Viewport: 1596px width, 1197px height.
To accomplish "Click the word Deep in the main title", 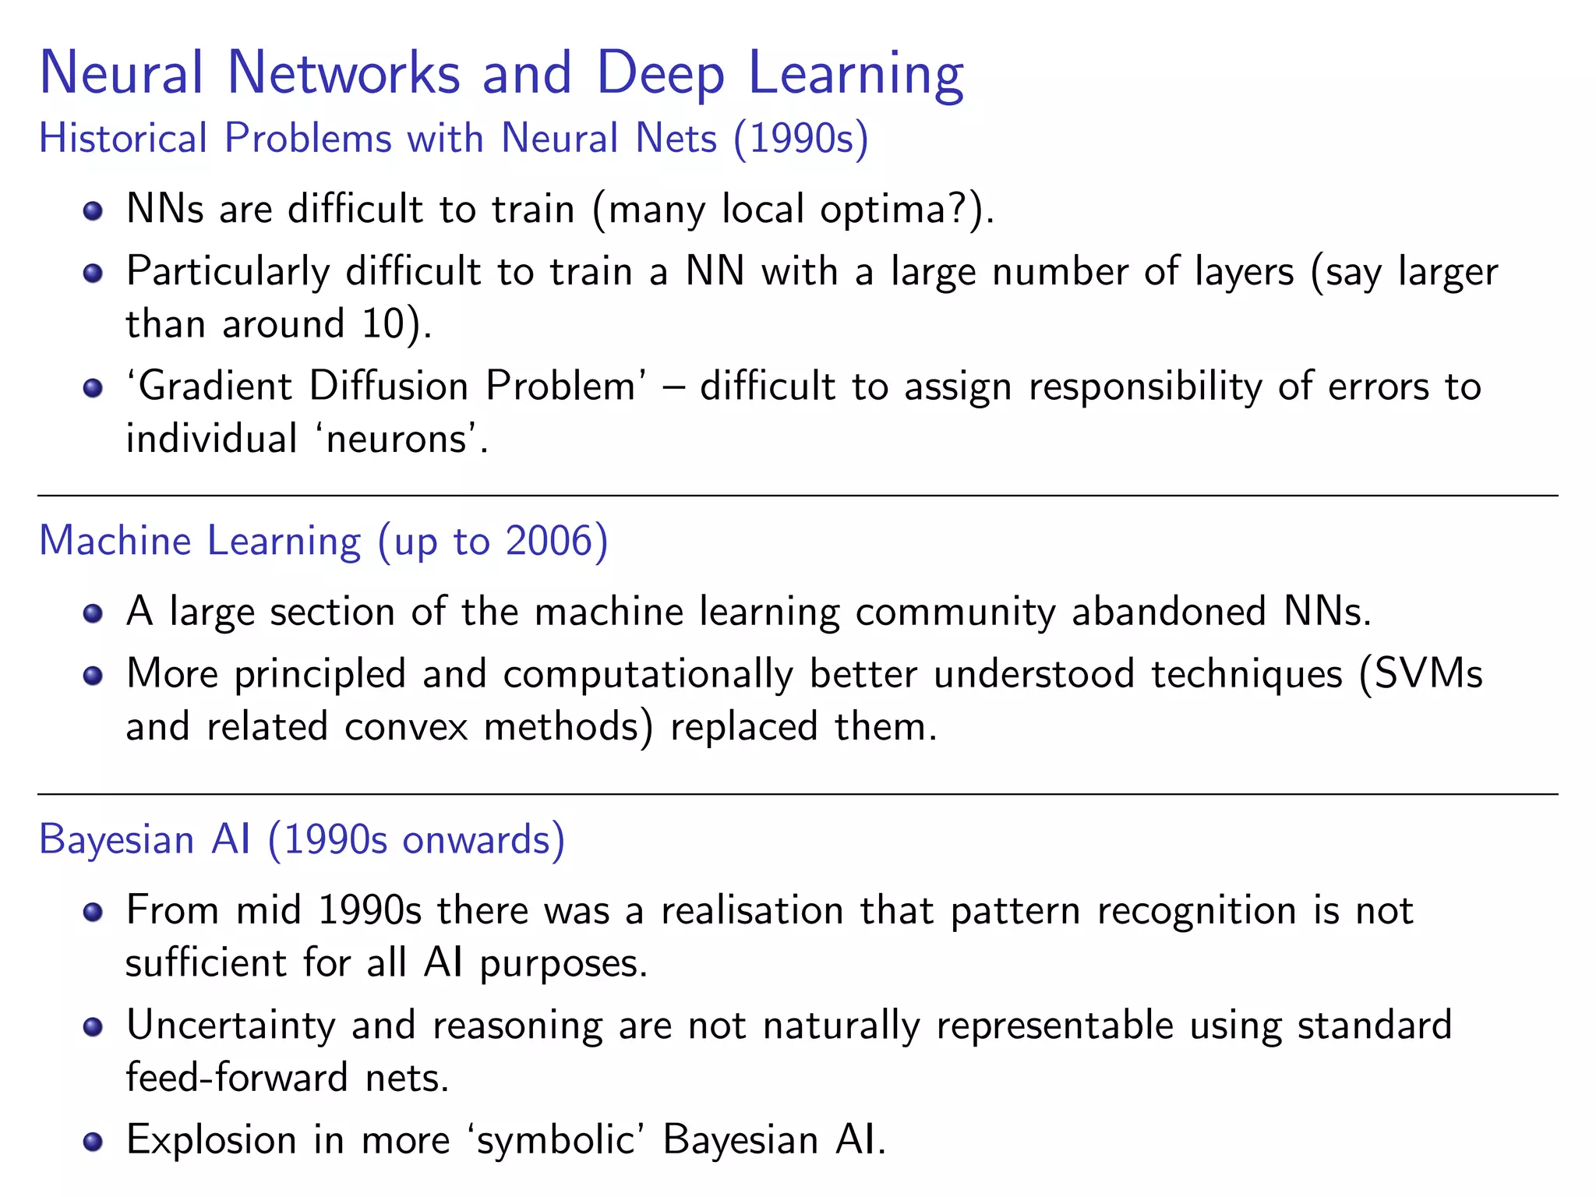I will (x=660, y=74).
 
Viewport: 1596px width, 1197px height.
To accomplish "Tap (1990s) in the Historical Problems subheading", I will (x=800, y=139).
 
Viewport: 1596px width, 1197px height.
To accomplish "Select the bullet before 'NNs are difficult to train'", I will (x=93, y=210).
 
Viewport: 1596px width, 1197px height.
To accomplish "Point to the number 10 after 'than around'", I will (x=383, y=323).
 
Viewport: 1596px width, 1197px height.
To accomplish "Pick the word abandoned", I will (x=1168, y=611).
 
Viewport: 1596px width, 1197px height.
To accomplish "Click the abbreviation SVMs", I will (x=1428, y=673).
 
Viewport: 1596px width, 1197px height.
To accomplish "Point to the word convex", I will (x=406, y=726).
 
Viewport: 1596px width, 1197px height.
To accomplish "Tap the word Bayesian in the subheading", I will (x=117, y=840).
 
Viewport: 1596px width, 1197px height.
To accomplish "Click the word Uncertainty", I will (x=231, y=1026).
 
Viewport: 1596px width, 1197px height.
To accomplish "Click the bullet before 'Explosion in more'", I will (x=93, y=1142).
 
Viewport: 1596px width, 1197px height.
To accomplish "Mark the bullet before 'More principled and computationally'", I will (x=93, y=675).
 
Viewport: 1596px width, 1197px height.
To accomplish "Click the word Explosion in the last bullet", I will (x=211, y=1140).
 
